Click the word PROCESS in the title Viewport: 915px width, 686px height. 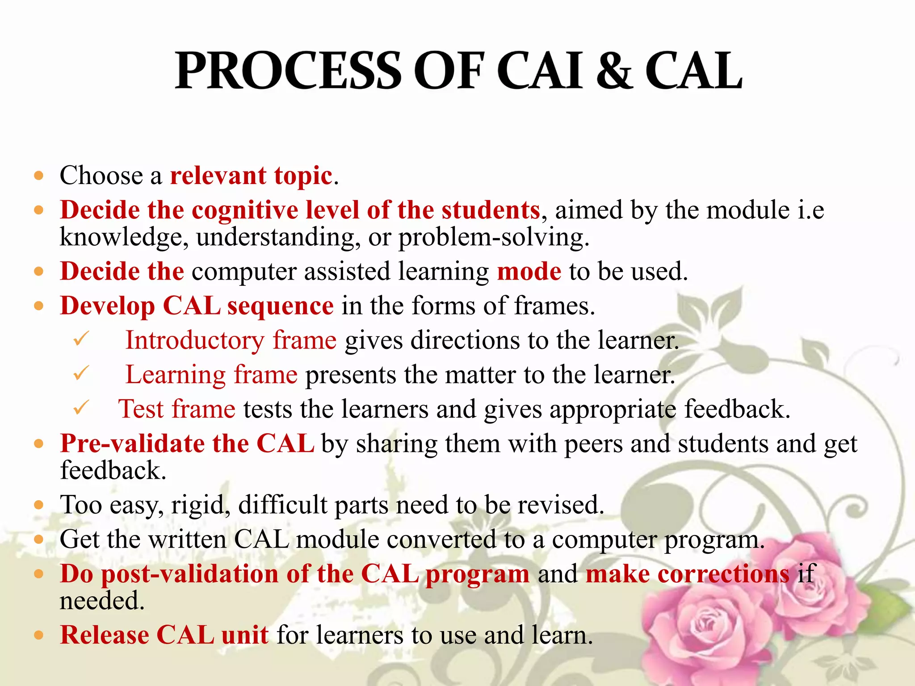(x=288, y=71)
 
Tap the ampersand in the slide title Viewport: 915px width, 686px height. (x=614, y=71)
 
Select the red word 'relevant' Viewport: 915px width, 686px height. (x=218, y=175)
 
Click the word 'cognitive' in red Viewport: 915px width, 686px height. (x=245, y=210)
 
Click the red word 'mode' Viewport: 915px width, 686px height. (x=529, y=272)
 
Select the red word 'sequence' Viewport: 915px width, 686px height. (x=280, y=306)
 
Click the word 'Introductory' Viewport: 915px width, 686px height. (x=195, y=341)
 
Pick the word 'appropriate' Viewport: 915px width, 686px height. (x=613, y=410)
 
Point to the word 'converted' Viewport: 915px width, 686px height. (x=441, y=540)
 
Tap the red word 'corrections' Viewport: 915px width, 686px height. (x=723, y=574)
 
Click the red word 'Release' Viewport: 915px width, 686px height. (x=105, y=635)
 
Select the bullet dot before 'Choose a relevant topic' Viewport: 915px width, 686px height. (x=39, y=176)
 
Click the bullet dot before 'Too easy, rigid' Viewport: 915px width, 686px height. (x=39, y=505)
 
